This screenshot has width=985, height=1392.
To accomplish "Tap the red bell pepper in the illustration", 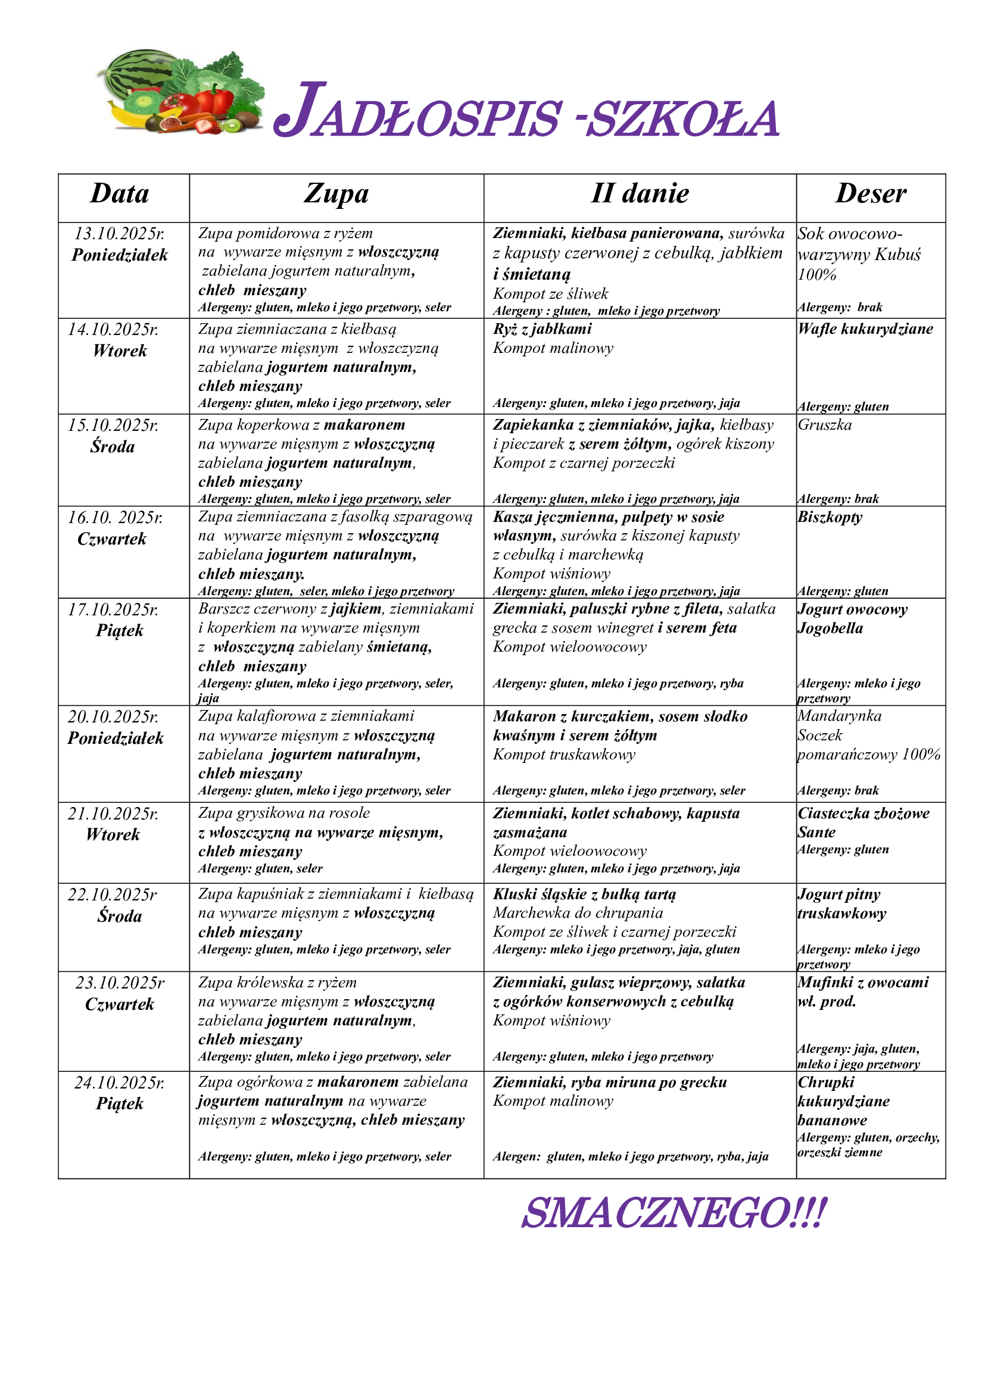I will [x=214, y=99].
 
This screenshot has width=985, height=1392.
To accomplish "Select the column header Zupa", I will [x=336, y=194].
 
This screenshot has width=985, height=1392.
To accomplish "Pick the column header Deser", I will [x=871, y=194].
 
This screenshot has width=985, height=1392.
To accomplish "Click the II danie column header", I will [x=640, y=194].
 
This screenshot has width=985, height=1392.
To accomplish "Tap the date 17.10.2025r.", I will [x=113, y=609].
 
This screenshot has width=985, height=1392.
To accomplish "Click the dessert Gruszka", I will [x=825, y=425].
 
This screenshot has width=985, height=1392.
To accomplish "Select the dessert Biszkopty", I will [x=830, y=517].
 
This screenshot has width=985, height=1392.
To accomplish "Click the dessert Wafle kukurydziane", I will [x=865, y=329].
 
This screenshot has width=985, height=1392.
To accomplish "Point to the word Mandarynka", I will [x=840, y=716].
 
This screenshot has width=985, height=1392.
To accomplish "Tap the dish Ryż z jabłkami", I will [x=543, y=329].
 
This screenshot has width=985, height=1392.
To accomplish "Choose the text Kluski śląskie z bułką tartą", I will [x=584, y=894].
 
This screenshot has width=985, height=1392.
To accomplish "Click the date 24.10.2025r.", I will [x=120, y=1082].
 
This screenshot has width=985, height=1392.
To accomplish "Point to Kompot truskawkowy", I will [x=564, y=755].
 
